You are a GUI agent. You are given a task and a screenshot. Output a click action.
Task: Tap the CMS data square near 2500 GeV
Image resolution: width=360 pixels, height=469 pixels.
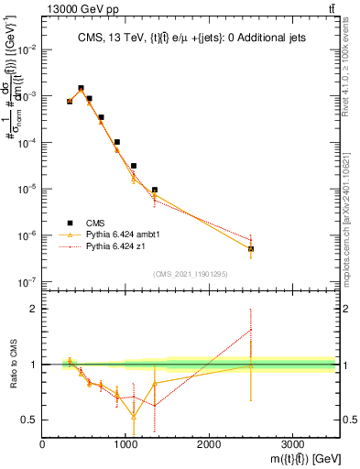click(x=251, y=248)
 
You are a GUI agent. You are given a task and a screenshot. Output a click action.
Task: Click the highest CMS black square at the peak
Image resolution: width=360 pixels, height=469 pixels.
click(x=81, y=89)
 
